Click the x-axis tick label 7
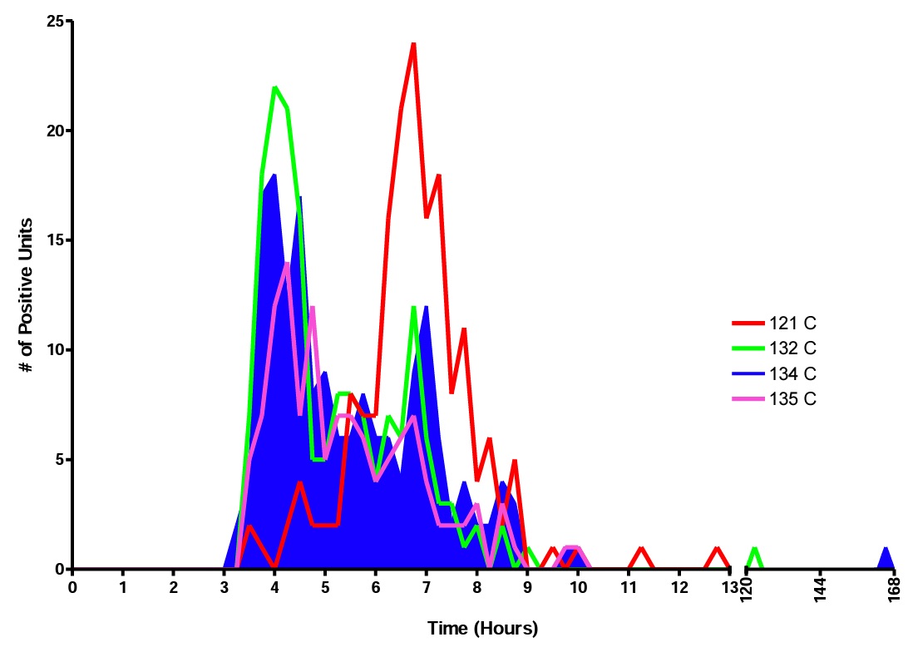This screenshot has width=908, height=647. click(427, 588)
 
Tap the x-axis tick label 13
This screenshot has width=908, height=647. click(730, 588)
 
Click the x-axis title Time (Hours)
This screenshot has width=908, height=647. click(482, 627)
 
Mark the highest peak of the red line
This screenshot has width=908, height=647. click(413, 44)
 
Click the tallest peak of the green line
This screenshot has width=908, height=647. click(274, 87)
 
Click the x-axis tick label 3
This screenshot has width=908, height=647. click(225, 588)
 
